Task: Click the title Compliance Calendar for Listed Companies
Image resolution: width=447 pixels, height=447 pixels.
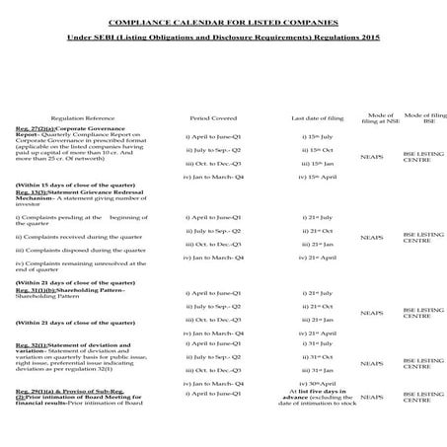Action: click(x=222, y=21)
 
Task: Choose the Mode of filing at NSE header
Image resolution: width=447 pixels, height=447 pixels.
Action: click(x=371, y=116)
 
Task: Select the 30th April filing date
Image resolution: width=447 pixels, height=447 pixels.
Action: click(x=309, y=382)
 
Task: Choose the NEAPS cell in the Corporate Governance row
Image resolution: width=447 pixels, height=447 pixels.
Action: click(x=371, y=155)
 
